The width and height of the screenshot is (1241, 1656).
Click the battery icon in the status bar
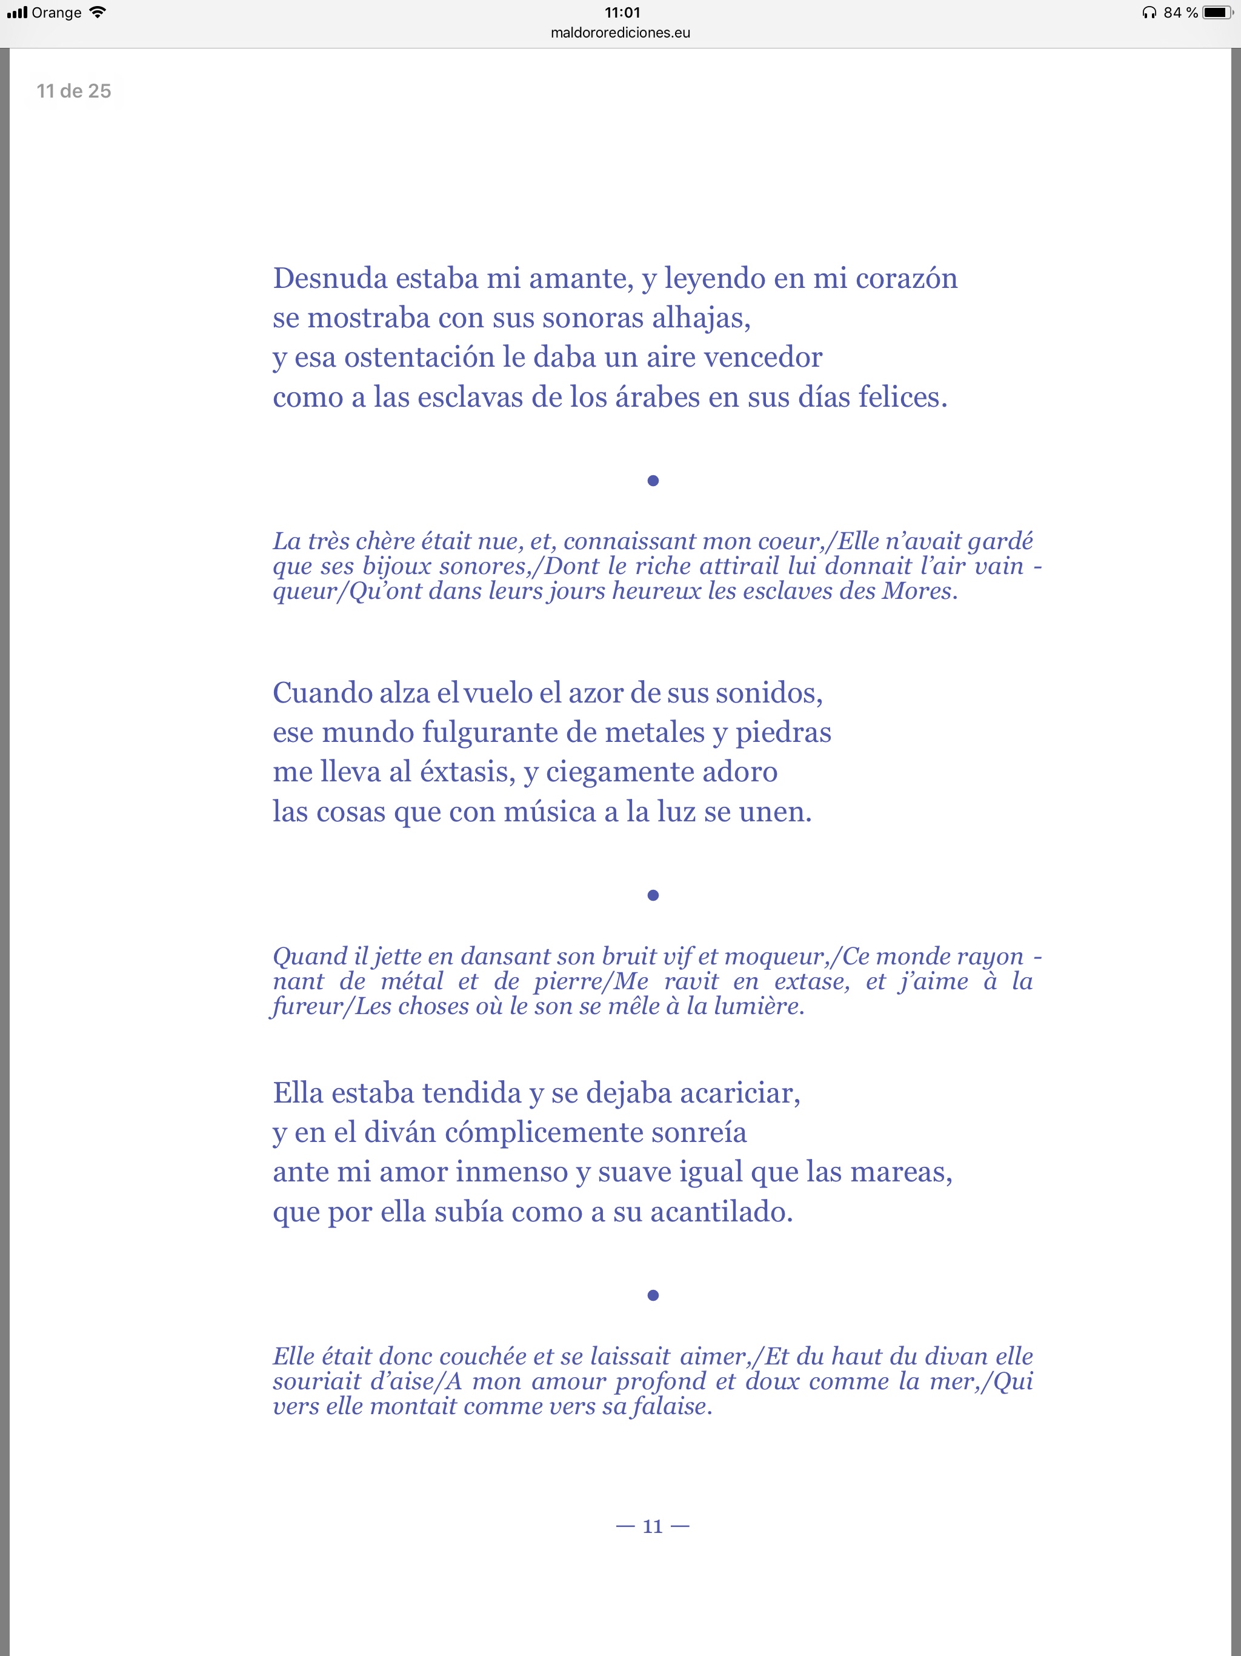[x=1217, y=13]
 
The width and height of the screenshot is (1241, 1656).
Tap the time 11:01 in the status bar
[x=622, y=13]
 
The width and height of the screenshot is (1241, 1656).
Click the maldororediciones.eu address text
[x=620, y=33]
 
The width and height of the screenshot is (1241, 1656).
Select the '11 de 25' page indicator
[x=74, y=92]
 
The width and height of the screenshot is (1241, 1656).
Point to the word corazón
[x=906, y=278]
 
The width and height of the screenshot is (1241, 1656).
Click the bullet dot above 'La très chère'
[x=653, y=481]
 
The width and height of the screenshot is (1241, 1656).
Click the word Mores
[x=917, y=592]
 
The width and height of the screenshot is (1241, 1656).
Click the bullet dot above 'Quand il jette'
[x=653, y=895]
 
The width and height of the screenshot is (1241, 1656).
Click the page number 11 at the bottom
[x=653, y=1526]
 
